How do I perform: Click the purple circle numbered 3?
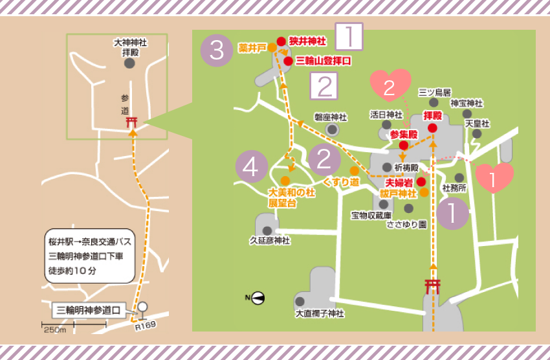pos(217,51)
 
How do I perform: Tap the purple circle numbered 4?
pos(252,166)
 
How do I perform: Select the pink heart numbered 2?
pos(390,86)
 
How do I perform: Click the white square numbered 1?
pos(348,37)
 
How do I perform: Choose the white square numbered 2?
pos(324,85)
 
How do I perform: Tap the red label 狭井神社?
pos(307,41)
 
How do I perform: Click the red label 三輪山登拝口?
pos(323,61)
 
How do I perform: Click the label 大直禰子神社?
pos(320,313)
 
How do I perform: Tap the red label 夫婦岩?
pos(399,183)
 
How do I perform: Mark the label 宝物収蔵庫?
pos(371,215)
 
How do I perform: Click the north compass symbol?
pos(257,297)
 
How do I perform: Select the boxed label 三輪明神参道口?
pos(89,309)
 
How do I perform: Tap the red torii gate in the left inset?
pos(132,122)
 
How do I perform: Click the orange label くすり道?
pos(345,182)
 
